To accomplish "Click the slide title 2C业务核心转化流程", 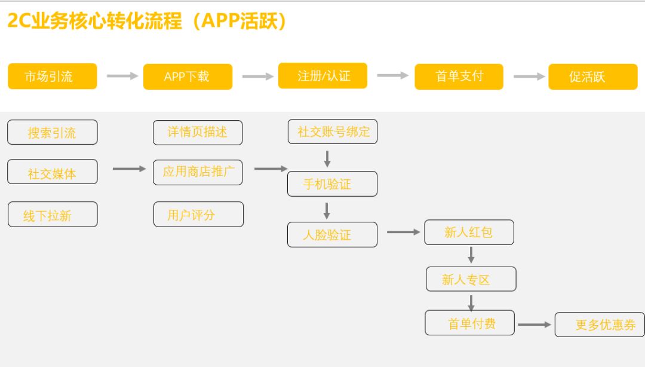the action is pyautogui.click(x=94, y=21).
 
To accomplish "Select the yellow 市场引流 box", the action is pyautogui.click(x=52, y=76).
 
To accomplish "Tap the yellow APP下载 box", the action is pyautogui.click(x=188, y=77).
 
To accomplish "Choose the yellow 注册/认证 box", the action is pyautogui.click(x=322, y=76).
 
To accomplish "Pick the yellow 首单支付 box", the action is pyautogui.click(x=459, y=77).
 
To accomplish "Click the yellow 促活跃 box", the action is pyautogui.click(x=593, y=77).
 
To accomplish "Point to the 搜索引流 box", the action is pyautogui.click(x=52, y=132).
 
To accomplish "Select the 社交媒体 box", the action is pyautogui.click(x=52, y=172).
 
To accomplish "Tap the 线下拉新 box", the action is pyautogui.click(x=53, y=214).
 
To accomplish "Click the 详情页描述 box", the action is pyautogui.click(x=198, y=133).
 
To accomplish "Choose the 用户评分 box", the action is pyautogui.click(x=198, y=214).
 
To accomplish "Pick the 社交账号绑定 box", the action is pyautogui.click(x=333, y=131).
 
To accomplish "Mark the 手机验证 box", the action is pyautogui.click(x=332, y=183).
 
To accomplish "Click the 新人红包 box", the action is pyautogui.click(x=469, y=233).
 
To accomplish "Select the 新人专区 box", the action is pyautogui.click(x=471, y=279).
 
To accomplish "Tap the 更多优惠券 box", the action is pyautogui.click(x=600, y=325).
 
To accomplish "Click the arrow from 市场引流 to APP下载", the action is pyautogui.click(x=122, y=76).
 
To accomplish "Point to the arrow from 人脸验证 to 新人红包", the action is pyautogui.click(x=403, y=233).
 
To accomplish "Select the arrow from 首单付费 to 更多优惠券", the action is pyautogui.click(x=534, y=325).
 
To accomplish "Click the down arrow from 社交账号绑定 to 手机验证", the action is pyautogui.click(x=327, y=159).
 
